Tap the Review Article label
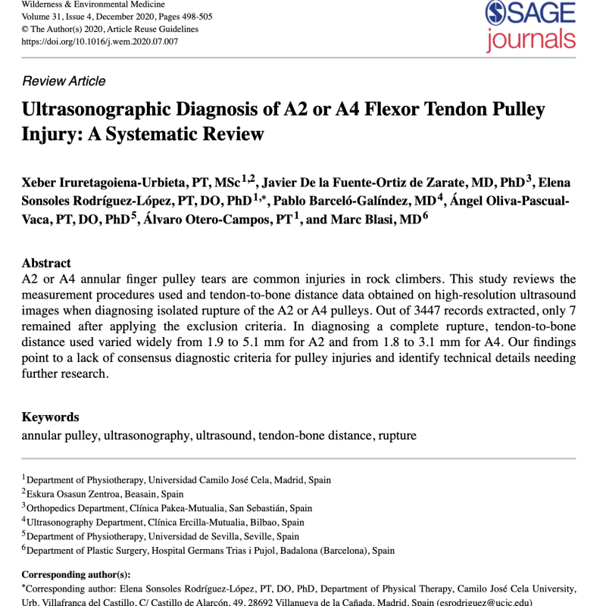point(64,81)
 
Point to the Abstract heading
point(46,264)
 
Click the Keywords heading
point(50,417)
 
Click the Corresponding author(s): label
point(76,575)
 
